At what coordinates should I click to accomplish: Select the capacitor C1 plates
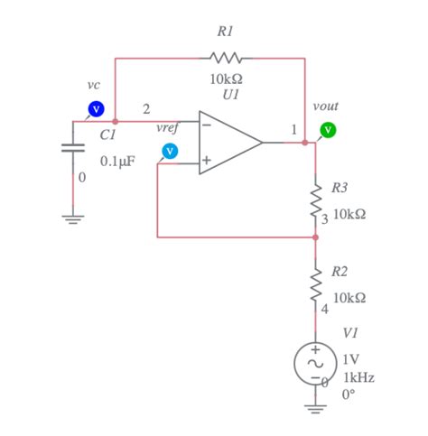point(73,147)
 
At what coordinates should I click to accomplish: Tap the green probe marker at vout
point(329,130)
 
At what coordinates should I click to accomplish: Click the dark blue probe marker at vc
point(94,109)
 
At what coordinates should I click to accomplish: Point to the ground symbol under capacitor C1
point(73,218)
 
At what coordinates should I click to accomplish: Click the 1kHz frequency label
point(358,377)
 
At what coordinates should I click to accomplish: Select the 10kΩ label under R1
point(226,79)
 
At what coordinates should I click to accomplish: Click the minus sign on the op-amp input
point(207,125)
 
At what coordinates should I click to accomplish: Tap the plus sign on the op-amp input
point(207,161)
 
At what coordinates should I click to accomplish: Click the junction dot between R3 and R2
point(316,237)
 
